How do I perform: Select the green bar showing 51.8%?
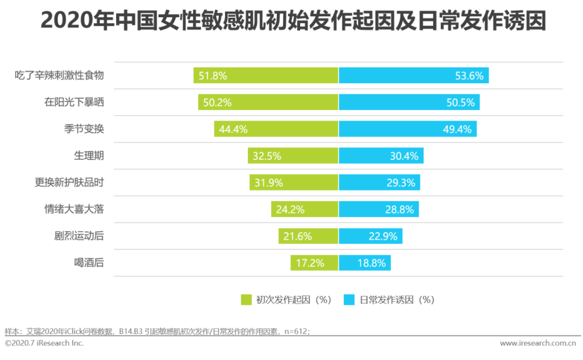click(266, 76)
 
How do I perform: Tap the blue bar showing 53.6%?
click(413, 76)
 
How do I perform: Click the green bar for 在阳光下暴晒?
click(268, 103)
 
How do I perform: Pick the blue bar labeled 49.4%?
click(408, 129)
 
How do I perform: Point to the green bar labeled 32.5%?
click(293, 156)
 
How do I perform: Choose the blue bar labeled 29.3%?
click(379, 182)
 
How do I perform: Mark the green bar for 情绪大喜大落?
click(304, 209)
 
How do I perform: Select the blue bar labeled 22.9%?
click(370, 236)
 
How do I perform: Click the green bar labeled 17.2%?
click(314, 263)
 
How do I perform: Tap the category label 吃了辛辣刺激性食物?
click(59, 76)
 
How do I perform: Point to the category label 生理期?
click(89, 156)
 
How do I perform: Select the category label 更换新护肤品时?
click(69, 182)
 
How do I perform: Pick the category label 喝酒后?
click(89, 263)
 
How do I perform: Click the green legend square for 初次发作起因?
click(246, 300)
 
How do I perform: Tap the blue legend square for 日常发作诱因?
click(349, 300)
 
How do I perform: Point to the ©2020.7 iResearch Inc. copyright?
click(44, 343)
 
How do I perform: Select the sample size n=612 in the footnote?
click(296, 331)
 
